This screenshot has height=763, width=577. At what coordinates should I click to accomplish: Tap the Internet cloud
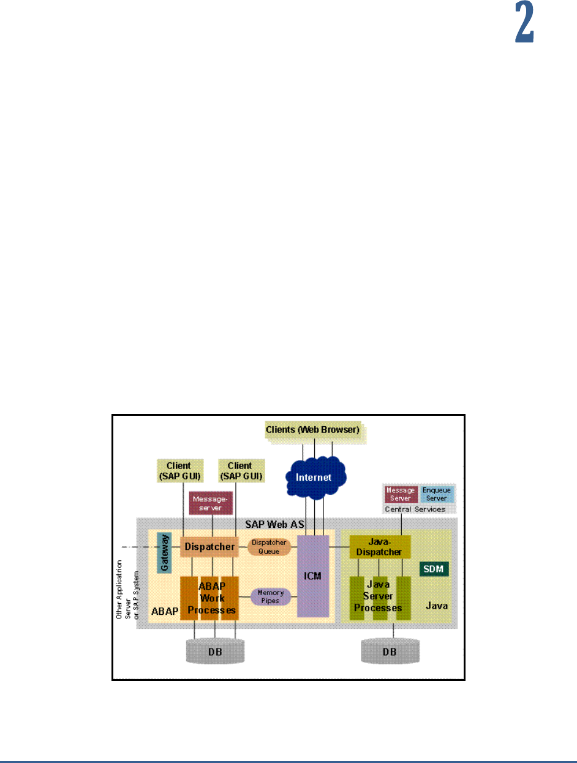[315, 476]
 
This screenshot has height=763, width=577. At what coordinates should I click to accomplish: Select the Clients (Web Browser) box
[312, 430]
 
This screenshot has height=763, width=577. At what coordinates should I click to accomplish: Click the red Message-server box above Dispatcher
[211, 503]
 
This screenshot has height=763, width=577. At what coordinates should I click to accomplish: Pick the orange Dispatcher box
[208, 546]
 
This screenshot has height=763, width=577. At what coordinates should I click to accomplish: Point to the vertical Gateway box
[164, 552]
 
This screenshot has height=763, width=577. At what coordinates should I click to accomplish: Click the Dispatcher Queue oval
[267, 546]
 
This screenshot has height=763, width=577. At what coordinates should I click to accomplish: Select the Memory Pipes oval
[270, 596]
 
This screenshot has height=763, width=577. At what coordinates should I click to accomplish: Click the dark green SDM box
[434, 569]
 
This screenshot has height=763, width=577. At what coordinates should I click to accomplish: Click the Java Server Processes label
[381, 597]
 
